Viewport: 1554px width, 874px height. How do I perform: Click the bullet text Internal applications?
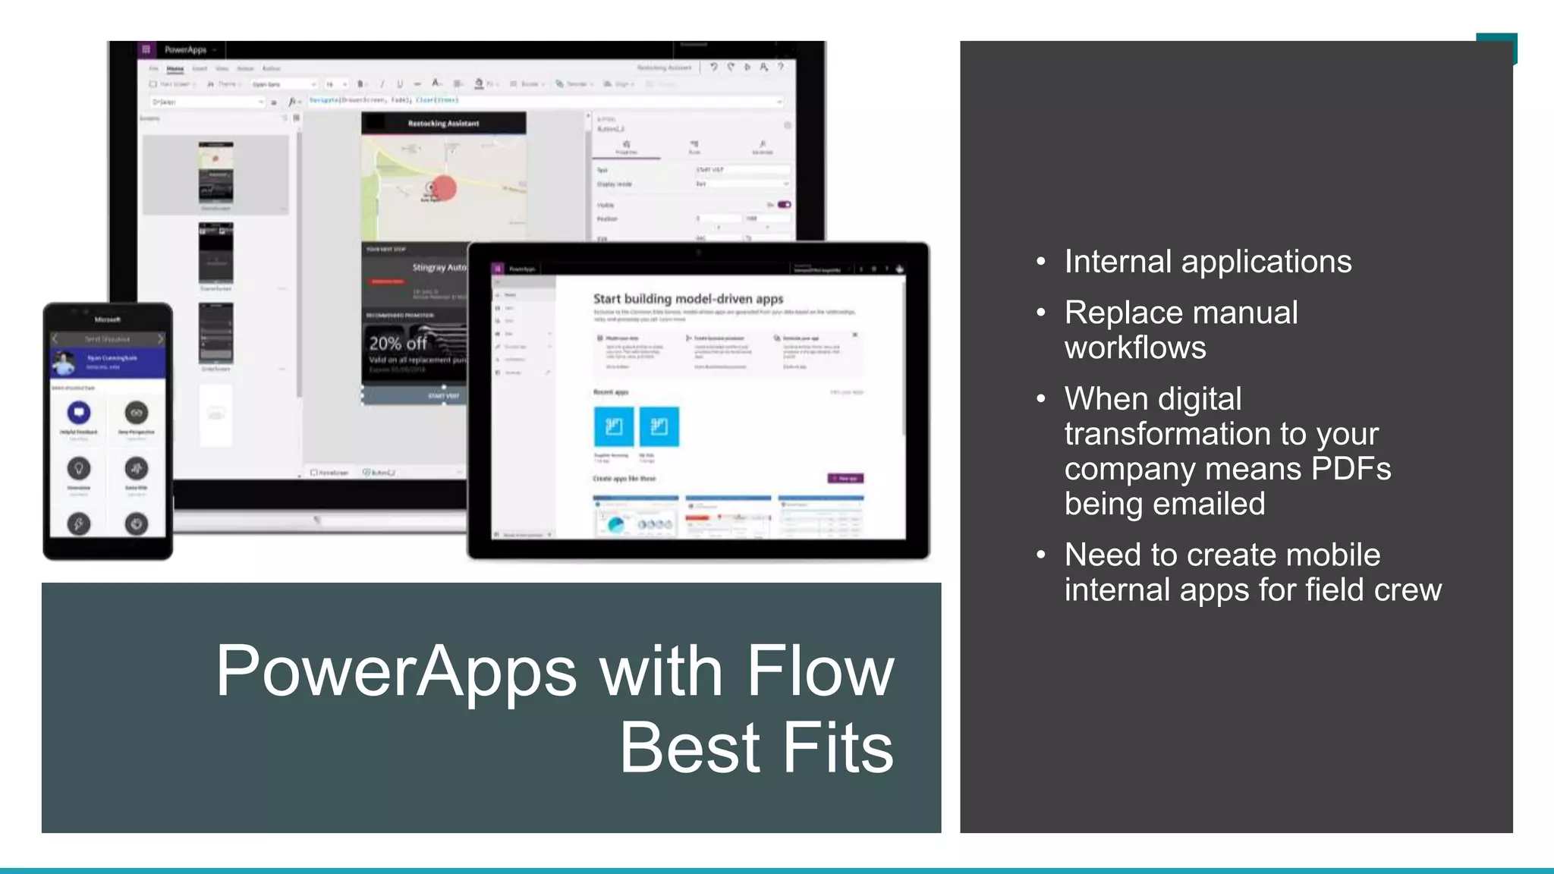click(x=1207, y=262)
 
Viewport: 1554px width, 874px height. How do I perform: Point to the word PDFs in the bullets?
click(x=1351, y=469)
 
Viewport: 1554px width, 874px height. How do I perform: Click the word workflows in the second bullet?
click(x=1134, y=347)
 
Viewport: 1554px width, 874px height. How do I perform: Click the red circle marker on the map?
click(x=444, y=187)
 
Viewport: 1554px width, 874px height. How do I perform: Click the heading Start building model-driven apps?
click(x=687, y=299)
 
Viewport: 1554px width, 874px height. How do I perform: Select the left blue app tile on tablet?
click(x=614, y=426)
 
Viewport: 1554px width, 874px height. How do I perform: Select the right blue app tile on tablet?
click(x=659, y=426)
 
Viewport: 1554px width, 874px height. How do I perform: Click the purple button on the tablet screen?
click(x=845, y=479)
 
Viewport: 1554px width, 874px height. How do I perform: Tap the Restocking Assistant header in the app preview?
click(x=443, y=123)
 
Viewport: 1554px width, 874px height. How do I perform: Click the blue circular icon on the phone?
click(x=79, y=413)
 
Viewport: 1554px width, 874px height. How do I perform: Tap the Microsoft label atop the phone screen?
click(x=107, y=319)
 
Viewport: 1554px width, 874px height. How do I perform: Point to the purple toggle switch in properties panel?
click(x=784, y=205)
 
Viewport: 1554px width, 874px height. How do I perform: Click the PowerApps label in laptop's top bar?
click(x=185, y=50)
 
